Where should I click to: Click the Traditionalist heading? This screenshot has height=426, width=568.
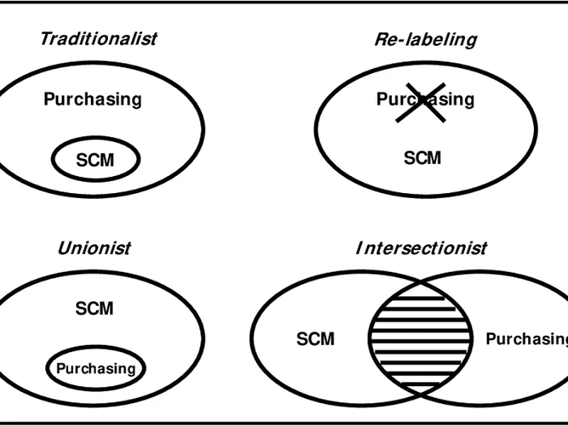[98, 38]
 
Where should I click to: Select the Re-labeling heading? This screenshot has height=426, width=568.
[425, 39]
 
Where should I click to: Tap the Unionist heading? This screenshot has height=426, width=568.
[94, 248]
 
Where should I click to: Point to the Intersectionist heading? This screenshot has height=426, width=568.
[421, 248]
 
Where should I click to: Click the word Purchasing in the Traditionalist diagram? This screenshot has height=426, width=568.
[93, 99]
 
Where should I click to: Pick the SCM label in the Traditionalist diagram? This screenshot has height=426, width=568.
[94, 160]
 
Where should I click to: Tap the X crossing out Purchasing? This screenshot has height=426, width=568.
[421, 100]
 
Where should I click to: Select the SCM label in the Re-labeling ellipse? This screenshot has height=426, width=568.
[422, 157]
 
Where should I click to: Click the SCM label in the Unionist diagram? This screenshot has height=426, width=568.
[94, 308]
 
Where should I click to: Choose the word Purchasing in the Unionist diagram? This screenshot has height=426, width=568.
[95, 368]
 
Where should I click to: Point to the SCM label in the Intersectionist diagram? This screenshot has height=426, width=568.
[315, 339]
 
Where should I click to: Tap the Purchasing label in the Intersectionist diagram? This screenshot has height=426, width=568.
[526, 339]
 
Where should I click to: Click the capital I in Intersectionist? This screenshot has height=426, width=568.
[359, 248]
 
